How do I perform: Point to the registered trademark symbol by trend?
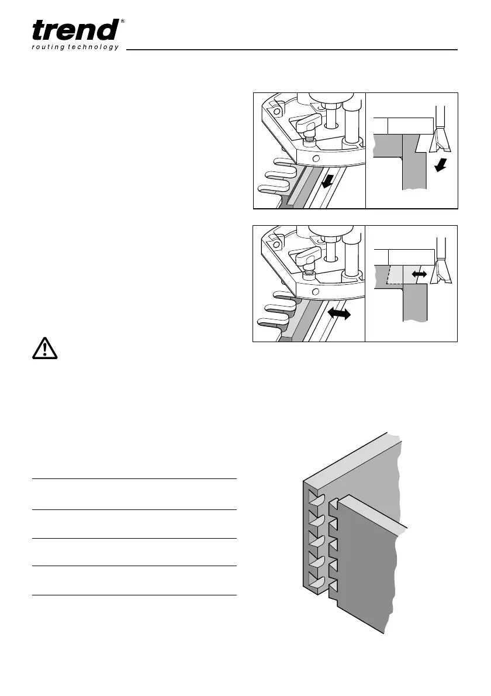[x=122, y=22]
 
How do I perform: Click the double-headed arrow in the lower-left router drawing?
[x=339, y=314]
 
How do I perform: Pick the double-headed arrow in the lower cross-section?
[x=419, y=273]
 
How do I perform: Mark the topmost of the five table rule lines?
[x=134, y=479]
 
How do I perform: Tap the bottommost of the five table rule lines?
[x=134, y=595]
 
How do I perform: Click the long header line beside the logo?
[x=292, y=50]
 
